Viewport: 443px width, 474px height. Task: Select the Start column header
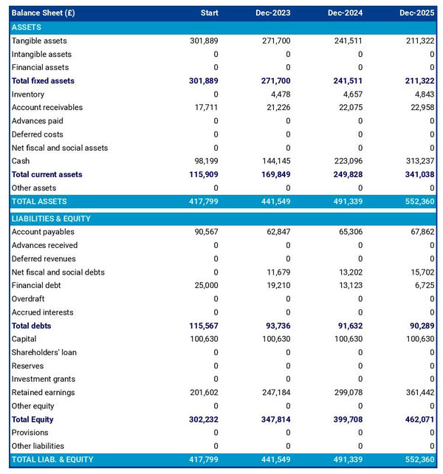click(209, 13)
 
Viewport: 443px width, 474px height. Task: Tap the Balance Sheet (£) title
click(43, 13)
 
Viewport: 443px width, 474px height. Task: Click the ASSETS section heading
click(27, 27)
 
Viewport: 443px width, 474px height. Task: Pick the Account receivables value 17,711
click(204, 107)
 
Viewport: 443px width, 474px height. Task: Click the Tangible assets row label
click(39, 41)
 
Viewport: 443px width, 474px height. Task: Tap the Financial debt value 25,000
click(204, 285)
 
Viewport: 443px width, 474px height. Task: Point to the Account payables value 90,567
click(204, 232)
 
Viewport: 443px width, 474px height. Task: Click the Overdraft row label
click(28, 299)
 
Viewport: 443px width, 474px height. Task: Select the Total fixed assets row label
click(43, 80)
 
